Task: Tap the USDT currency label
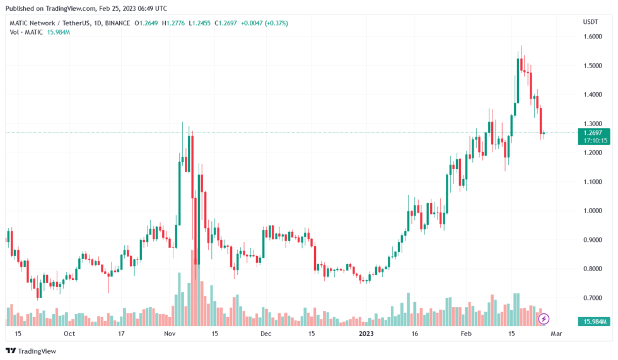591,23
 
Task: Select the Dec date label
265,333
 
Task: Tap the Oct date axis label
69,333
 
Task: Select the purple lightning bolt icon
543,319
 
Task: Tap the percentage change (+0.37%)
278,23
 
